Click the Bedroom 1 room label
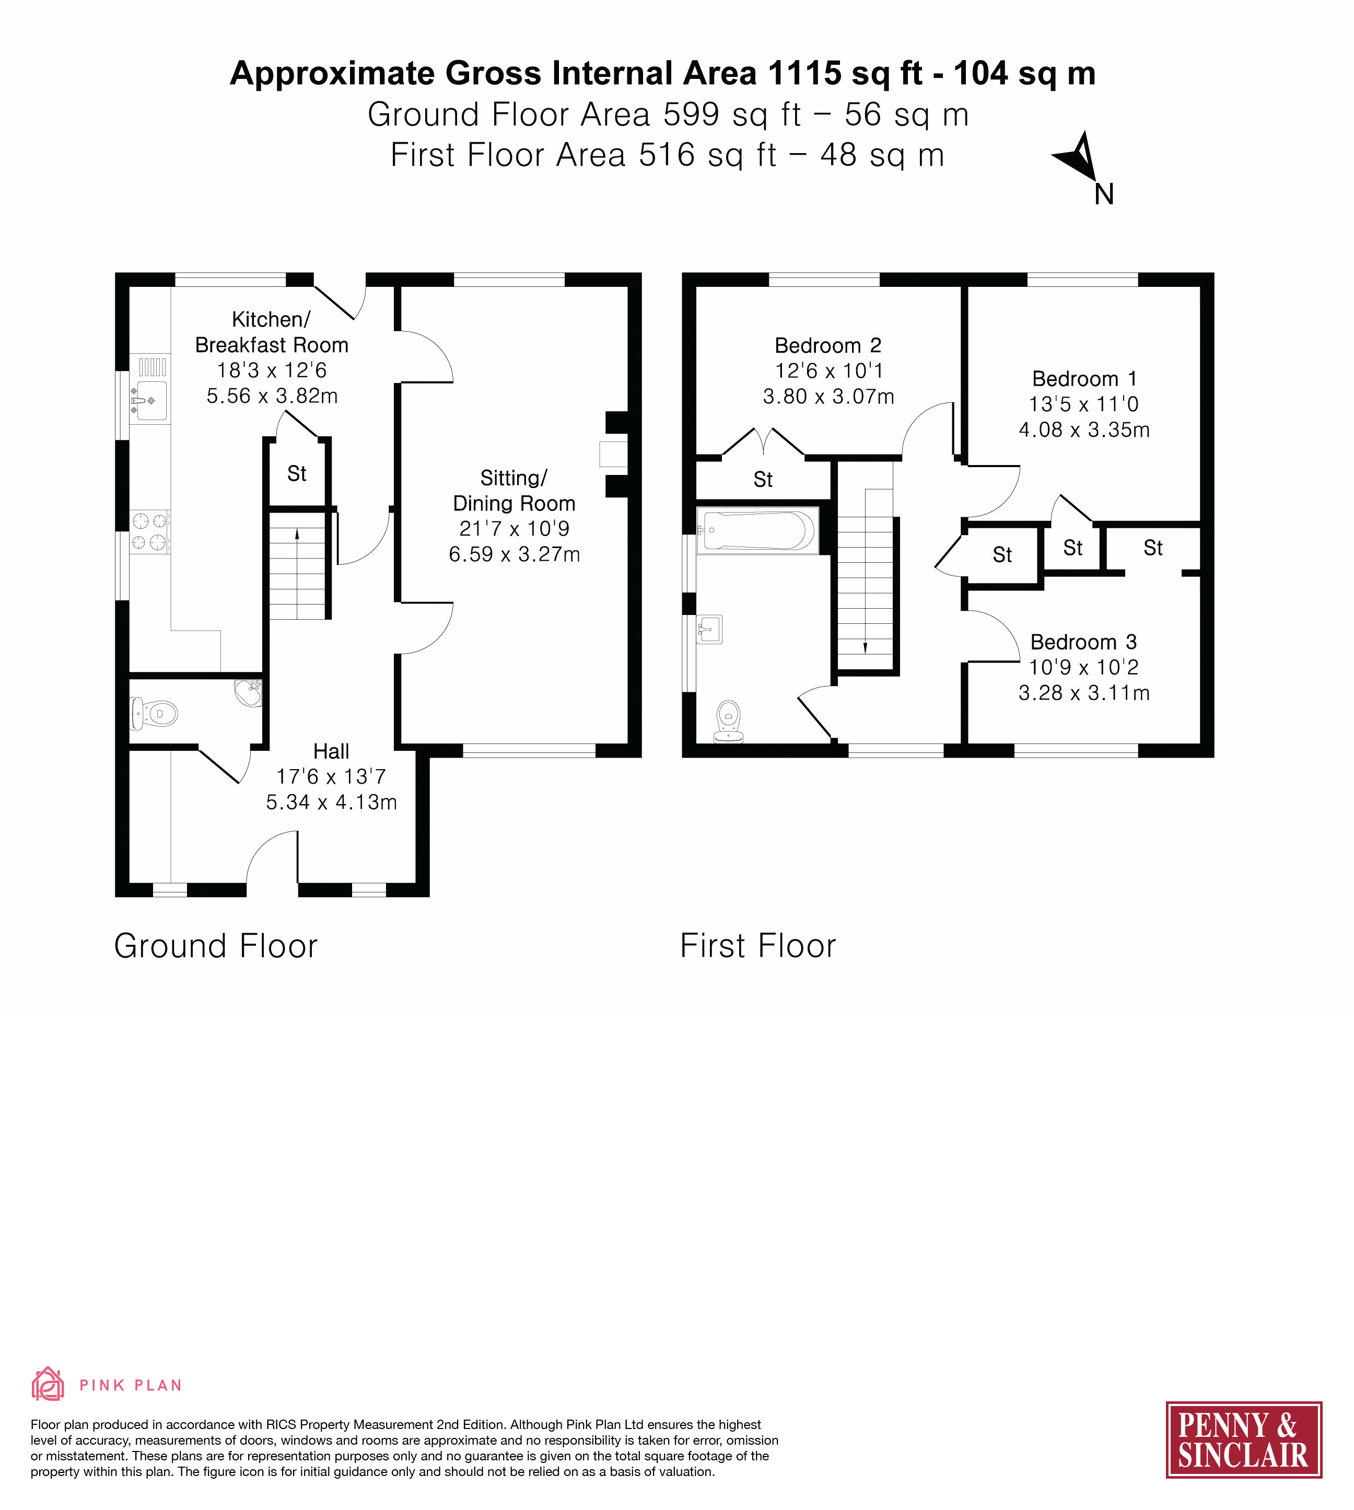point(1084,379)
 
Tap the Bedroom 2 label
point(828,345)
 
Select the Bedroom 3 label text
point(1083,642)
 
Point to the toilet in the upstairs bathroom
point(728,721)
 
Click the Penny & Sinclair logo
point(1243,1439)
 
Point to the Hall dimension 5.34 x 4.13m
point(331,802)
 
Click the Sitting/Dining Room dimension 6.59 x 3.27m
point(514,554)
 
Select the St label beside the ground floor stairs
point(297,473)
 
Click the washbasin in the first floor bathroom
point(709,629)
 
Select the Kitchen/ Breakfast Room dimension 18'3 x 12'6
point(272,370)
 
